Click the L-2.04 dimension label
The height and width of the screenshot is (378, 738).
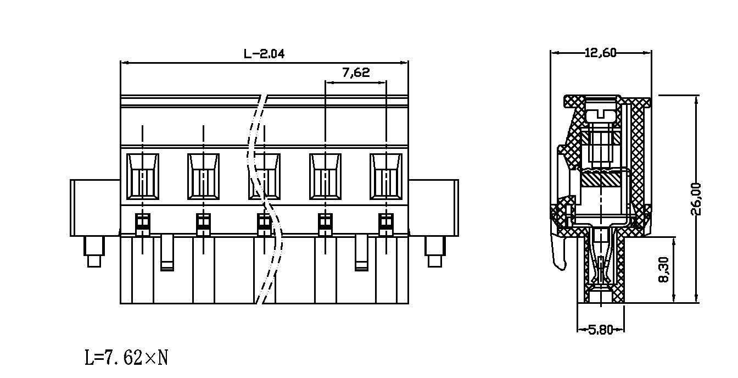(x=264, y=53)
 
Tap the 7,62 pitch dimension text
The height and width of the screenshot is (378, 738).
(x=356, y=72)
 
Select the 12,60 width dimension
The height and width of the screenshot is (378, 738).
(x=600, y=53)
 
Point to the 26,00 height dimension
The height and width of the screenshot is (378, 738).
(x=696, y=199)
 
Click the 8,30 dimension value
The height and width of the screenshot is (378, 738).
(x=663, y=270)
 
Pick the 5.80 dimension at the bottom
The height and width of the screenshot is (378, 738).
(x=601, y=330)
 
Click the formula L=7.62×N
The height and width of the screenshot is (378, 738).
(x=126, y=358)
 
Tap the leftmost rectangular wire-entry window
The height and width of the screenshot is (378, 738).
(x=143, y=177)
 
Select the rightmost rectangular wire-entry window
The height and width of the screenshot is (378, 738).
(x=386, y=177)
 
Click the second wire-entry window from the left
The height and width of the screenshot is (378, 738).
(x=203, y=177)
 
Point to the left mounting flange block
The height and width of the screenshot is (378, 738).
(x=95, y=208)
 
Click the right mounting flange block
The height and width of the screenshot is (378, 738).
(x=434, y=208)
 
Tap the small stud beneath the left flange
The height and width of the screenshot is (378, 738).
(x=94, y=252)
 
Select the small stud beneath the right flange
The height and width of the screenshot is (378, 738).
(x=435, y=252)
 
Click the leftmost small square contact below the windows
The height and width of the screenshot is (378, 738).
(x=143, y=225)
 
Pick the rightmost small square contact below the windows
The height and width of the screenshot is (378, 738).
(x=386, y=225)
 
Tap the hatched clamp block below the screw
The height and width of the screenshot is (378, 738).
(x=601, y=180)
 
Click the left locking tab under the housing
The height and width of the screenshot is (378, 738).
(x=167, y=252)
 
